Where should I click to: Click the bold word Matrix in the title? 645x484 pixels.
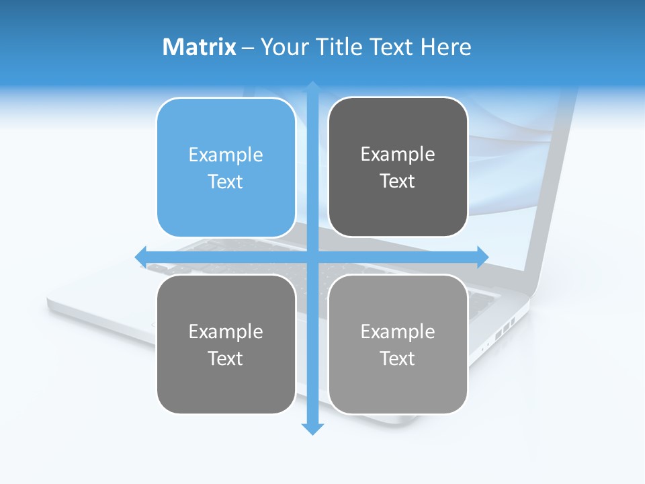[200, 47]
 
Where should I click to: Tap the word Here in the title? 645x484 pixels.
[446, 47]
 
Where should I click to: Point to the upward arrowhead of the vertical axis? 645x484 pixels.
[312, 87]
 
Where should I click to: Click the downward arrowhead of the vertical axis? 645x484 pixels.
[312, 428]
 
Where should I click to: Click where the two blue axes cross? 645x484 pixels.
[312, 256]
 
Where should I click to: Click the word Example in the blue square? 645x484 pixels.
[226, 155]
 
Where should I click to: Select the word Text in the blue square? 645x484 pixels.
[226, 182]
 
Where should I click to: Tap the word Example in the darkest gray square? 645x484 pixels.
[398, 155]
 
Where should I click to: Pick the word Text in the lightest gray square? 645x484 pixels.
[398, 358]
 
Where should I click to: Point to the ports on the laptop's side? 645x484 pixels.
[504, 329]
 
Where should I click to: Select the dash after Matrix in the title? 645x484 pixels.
[248, 48]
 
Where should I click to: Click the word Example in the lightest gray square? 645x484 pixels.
[398, 331]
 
